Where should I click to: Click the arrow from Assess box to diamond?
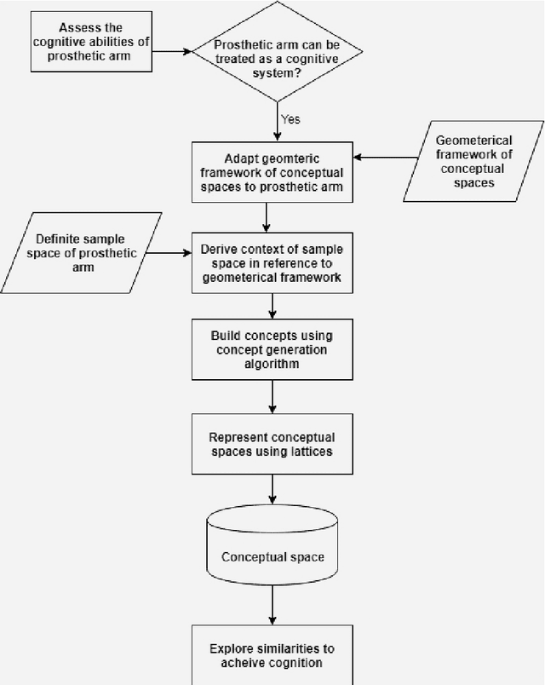tap(173, 51)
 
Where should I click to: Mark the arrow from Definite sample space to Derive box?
tap(167, 252)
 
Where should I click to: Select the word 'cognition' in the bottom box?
tap(299, 664)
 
